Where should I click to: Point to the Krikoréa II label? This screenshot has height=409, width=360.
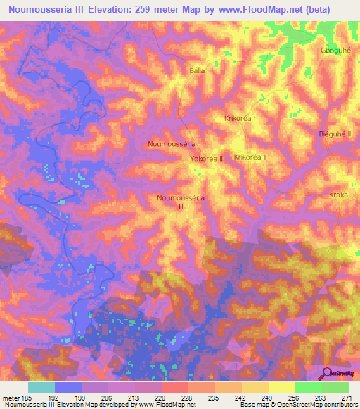250,157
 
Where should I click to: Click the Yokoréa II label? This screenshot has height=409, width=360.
207,160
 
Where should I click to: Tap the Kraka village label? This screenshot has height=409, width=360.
338,195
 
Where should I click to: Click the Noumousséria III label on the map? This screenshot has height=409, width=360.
181,202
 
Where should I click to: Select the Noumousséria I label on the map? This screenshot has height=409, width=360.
167,147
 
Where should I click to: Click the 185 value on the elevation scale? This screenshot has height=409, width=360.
27,398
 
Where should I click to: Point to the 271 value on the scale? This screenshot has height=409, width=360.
347,398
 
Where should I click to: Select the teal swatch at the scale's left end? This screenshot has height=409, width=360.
41,387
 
